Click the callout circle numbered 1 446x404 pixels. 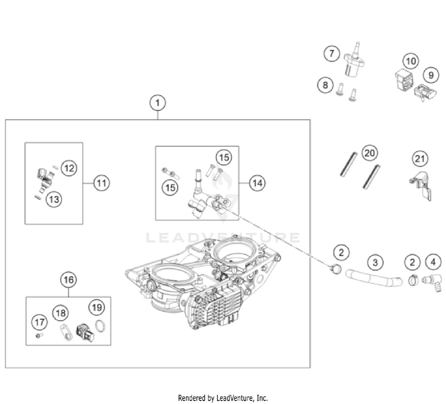(x=157, y=103)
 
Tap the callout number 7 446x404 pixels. (x=332, y=53)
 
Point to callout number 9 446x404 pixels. (x=429, y=75)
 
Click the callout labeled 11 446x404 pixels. (x=101, y=184)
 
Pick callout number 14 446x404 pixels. (x=256, y=184)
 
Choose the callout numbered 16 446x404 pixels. (x=68, y=279)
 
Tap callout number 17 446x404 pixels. (x=39, y=323)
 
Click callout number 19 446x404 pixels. (x=97, y=307)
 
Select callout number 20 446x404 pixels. (x=369, y=154)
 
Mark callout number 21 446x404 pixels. (x=420, y=159)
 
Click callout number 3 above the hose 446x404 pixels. (x=375, y=261)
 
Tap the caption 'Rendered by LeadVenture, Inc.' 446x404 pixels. (x=223, y=397)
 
